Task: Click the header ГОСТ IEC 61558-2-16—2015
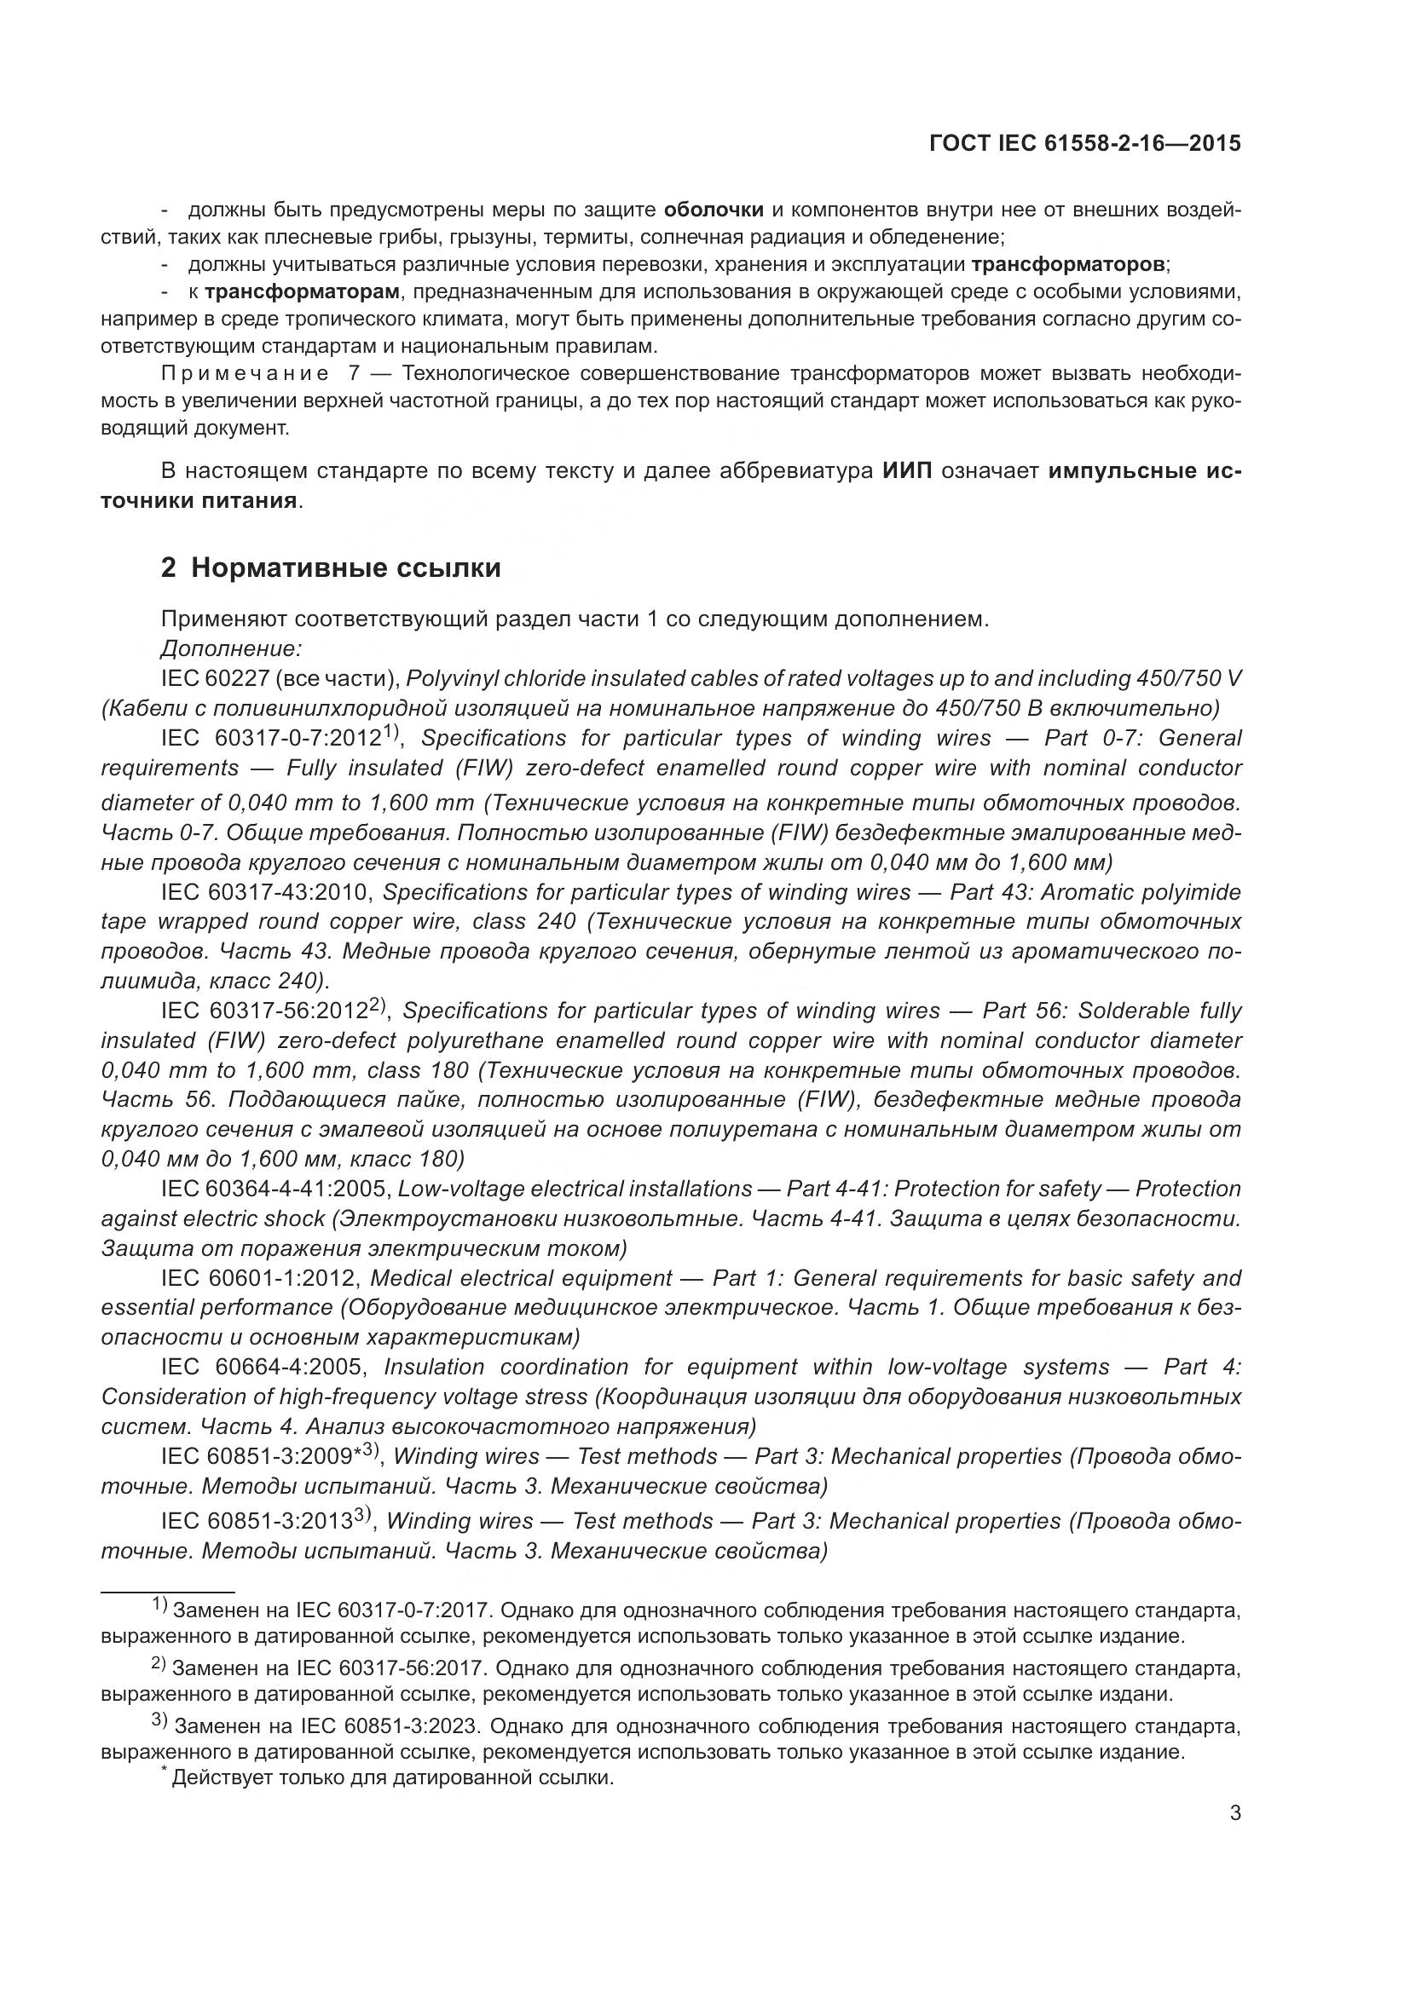[1084, 143]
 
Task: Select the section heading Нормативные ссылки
[345, 567]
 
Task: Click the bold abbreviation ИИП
[907, 471]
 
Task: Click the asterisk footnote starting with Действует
[390, 1777]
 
